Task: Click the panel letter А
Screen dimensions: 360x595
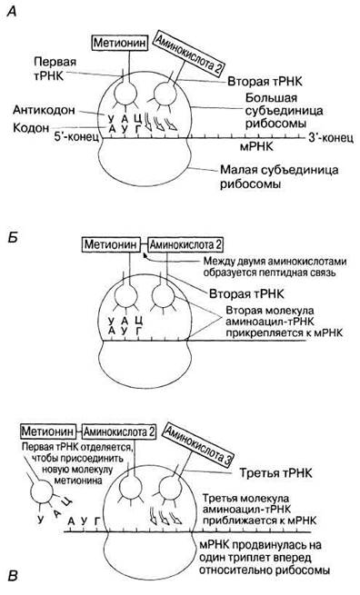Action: pos(13,13)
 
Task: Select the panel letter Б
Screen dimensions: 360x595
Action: pos(13,240)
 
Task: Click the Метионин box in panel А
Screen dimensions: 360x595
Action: pos(120,43)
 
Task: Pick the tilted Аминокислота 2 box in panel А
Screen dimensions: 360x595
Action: pos(187,53)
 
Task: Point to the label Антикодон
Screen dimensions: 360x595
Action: pos(44,110)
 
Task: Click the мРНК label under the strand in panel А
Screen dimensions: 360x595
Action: pos(256,146)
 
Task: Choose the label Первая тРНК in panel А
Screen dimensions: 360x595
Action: pos(48,68)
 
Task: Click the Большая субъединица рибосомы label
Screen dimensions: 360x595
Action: pos(283,111)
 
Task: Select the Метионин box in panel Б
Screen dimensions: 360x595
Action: pos(111,244)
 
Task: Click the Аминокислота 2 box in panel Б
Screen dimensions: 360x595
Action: pos(185,244)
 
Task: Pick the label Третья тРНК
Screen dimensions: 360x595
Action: pos(275,472)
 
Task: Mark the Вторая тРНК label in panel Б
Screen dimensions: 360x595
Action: pos(246,293)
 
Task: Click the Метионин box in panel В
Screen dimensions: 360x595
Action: pos(47,431)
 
